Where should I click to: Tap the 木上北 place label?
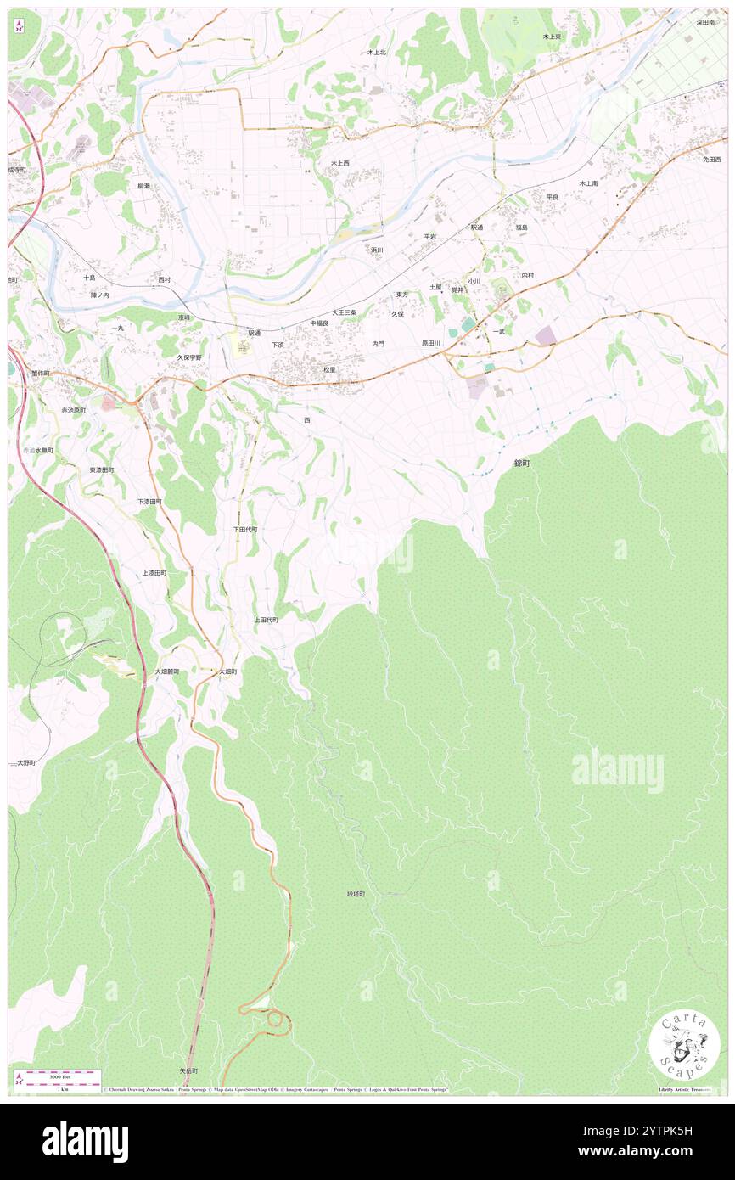[x=377, y=53]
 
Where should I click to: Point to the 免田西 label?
[x=711, y=160]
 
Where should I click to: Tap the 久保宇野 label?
[x=189, y=358]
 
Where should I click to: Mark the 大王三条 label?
[x=344, y=312]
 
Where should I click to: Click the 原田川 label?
[x=431, y=344]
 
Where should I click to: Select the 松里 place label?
[x=329, y=370]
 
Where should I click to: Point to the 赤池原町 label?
[x=74, y=410]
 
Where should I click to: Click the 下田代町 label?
[x=245, y=529]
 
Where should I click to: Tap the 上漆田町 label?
[x=154, y=573]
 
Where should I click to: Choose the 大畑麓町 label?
[x=166, y=671]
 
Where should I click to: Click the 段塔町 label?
[x=356, y=894]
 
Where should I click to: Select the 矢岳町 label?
[x=188, y=1071]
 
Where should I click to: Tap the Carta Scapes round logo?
[x=684, y=1045]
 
